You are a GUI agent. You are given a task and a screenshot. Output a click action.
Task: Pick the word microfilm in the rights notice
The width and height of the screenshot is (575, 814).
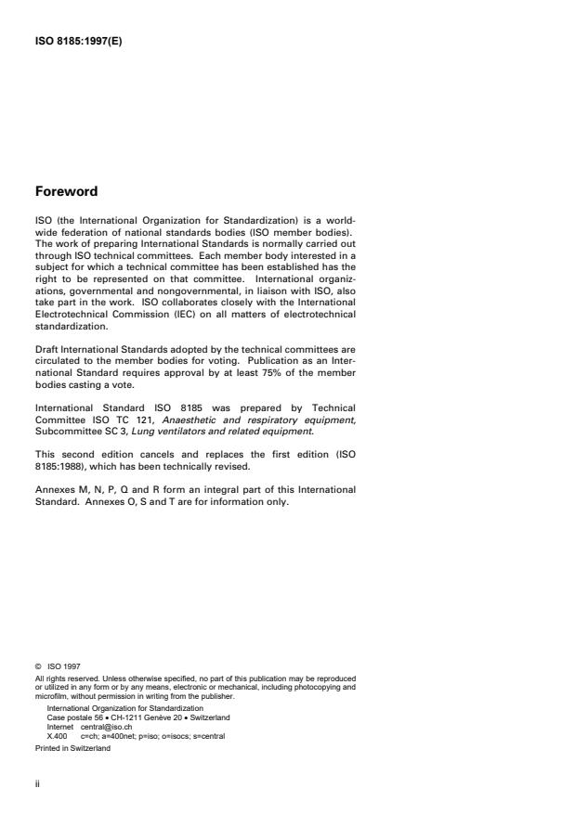(51, 710)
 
